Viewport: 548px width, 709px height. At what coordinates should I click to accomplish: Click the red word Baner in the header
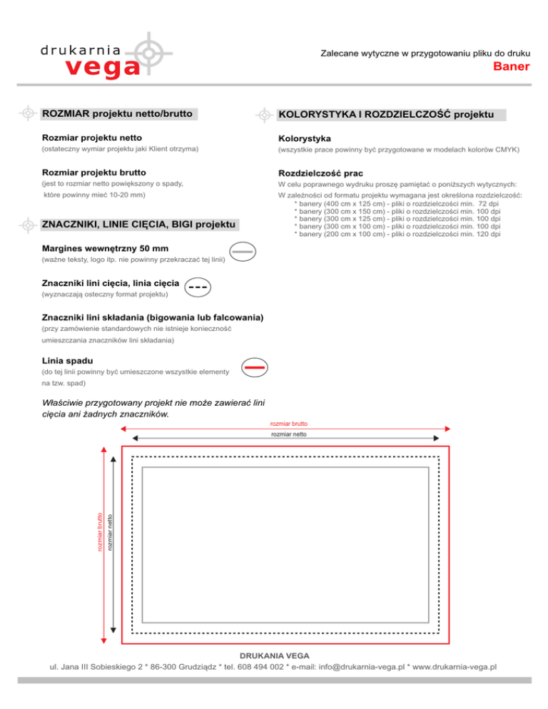(x=512, y=68)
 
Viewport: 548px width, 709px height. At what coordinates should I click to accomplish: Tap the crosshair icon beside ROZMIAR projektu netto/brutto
(x=28, y=113)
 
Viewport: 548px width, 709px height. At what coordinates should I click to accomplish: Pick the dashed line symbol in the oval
(x=199, y=287)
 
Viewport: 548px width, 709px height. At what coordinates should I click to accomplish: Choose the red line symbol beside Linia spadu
(x=255, y=367)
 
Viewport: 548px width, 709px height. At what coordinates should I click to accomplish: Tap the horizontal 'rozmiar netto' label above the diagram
(x=284, y=434)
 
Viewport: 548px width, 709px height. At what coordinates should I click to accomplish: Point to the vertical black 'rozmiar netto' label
(x=110, y=531)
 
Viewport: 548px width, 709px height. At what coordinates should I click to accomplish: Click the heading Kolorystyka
(x=305, y=137)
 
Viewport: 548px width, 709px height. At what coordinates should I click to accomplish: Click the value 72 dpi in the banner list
(x=488, y=205)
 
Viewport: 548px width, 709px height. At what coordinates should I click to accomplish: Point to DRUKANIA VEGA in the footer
(x=274, y=655)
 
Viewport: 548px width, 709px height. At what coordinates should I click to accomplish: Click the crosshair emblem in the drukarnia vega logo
(x=148, y=51)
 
